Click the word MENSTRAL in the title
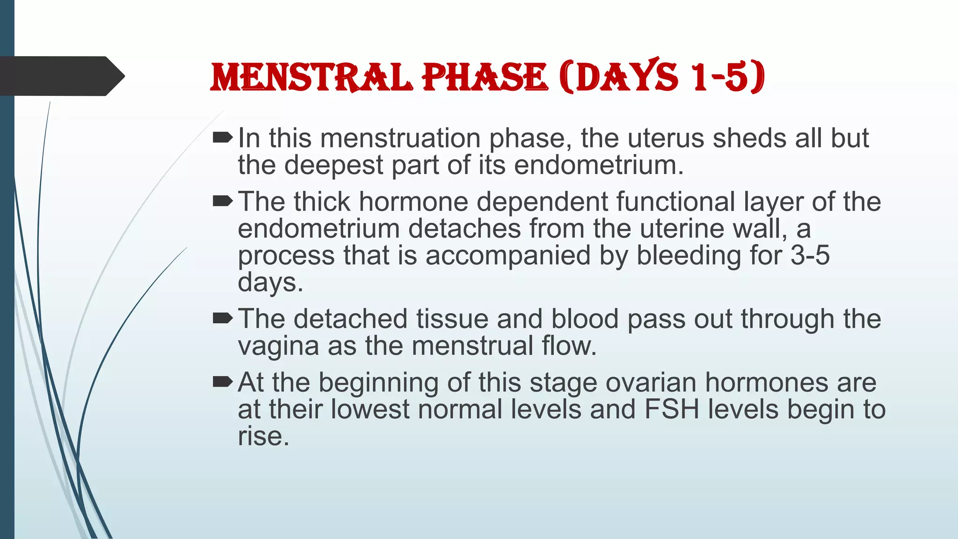pos(311,77)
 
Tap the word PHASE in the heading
pos(485,77)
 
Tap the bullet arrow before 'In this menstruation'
pos(222,138)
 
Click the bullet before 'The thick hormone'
pos(222,201)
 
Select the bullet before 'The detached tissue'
pos(222,319)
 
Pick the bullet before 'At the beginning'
pos(222,382)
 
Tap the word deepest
pos(334,165)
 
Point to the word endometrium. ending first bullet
pos(598,165)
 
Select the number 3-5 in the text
pos(810,255)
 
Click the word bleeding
pos(688,255)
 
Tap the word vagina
pos(278,346)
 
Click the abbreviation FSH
pos(671,409)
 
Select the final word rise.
pos(263,436)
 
